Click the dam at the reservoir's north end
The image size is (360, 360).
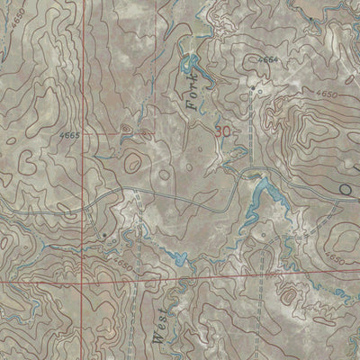pos(259,173)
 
